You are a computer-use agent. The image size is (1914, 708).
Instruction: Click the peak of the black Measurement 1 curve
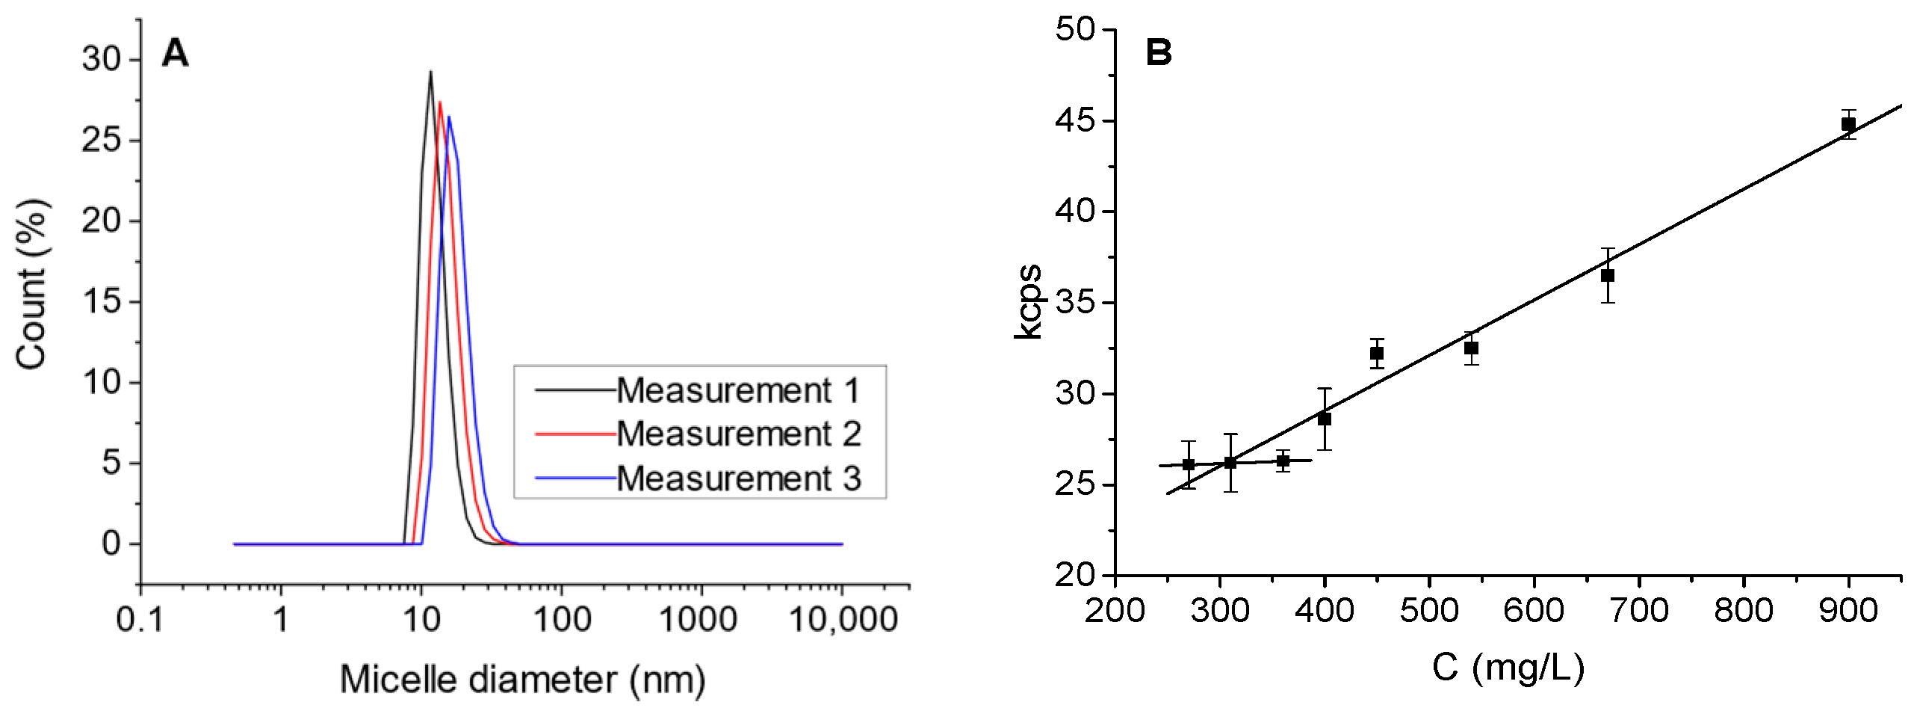coord(430,73)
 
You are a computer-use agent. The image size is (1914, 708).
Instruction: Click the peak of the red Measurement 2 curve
coord(440,102)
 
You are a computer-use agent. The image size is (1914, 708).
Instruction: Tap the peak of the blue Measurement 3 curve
coord(449,117)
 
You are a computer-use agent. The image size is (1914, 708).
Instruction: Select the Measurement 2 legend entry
coord(737,434)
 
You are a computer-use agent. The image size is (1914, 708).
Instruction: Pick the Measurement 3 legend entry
coord(737,478)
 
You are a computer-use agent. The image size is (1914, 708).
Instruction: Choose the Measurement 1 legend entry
coord(737,390)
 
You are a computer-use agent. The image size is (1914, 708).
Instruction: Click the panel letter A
coord(176,54)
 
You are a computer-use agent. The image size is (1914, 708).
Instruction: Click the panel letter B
coord(1159,52)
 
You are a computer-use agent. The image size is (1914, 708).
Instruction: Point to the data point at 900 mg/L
coord(1848,124)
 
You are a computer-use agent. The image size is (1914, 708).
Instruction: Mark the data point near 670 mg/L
coord(1608,276)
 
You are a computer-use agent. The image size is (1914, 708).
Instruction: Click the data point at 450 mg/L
coord(1377,354)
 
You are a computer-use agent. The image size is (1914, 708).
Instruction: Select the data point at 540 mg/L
coord(1471,348)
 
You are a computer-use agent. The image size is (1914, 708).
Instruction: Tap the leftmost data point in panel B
coord(1189,465)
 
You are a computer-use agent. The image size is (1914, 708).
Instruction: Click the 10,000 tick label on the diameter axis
coord(843,620)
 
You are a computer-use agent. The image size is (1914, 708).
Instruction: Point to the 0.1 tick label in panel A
coord(140,620)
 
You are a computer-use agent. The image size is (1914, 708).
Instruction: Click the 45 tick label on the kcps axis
coord(1074,120)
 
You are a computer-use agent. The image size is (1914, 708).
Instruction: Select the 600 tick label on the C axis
coord(1533,611)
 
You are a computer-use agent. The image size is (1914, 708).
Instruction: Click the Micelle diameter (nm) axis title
coord(523,680)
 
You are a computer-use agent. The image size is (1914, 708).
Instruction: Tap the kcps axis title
coord(1029,301)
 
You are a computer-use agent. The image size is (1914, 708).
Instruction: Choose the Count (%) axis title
coord(32,284)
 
